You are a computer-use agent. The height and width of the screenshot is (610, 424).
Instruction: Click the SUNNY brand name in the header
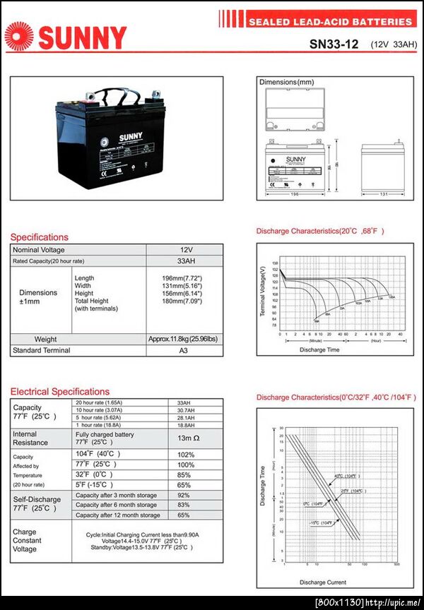[x=83, y=37]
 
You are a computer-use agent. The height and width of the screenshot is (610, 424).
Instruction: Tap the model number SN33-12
[x=334, y=44]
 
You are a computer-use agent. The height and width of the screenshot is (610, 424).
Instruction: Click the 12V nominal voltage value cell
[x=185, y=250]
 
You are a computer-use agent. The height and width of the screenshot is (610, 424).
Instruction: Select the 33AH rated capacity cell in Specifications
[x=185, y=261]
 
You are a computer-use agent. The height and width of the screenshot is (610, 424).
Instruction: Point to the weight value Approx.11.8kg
[x=183, y=339]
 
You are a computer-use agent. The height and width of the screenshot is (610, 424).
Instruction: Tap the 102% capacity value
[x=185, y=454]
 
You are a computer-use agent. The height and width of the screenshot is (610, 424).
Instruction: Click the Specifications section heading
[x=40, y=237]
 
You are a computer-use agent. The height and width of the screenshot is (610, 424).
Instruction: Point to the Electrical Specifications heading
[x=60, y=391]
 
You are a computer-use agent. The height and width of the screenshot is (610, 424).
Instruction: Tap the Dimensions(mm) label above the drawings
[x=286, y=83]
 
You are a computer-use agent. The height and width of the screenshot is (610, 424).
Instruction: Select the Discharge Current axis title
[x=322, y=582]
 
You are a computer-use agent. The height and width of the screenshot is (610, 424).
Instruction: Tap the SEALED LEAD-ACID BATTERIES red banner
[x=329, y=22]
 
